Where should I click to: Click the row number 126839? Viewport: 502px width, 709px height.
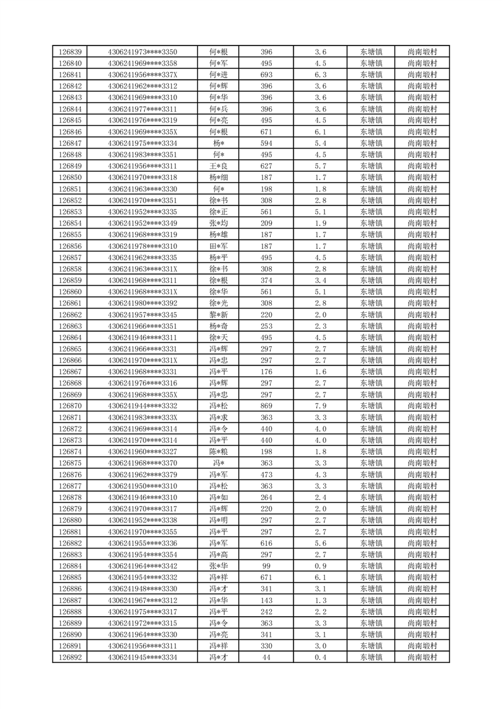(x=70, y=52)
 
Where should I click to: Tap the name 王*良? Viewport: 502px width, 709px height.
(x=219, y=166)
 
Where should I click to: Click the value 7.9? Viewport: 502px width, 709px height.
(x=321, y=406)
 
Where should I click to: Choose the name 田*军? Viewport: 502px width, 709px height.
(x=219, y=246)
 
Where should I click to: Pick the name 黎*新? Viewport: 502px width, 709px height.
(x=219, y=315)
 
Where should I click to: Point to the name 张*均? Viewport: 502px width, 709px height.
(x=219, y=223)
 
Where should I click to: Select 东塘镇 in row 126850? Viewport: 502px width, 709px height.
(x=371, y=178)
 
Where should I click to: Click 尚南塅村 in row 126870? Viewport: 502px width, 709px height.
(x=423, y=406)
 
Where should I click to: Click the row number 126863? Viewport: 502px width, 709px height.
(x=70, y=326)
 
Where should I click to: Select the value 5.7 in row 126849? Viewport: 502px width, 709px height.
(x=321, y=166)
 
